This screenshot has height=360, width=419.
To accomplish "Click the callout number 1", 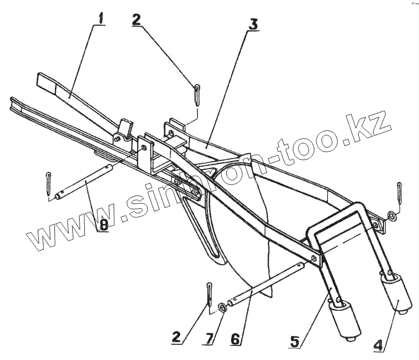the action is [x=100, y=18].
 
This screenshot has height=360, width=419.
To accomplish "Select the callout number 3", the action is [x=253, y=24].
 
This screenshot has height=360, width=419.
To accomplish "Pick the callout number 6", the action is [x=236, y=340].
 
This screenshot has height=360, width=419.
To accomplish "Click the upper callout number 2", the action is [x=136, y=19].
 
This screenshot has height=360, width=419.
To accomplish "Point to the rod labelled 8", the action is [x=84, y=182].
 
